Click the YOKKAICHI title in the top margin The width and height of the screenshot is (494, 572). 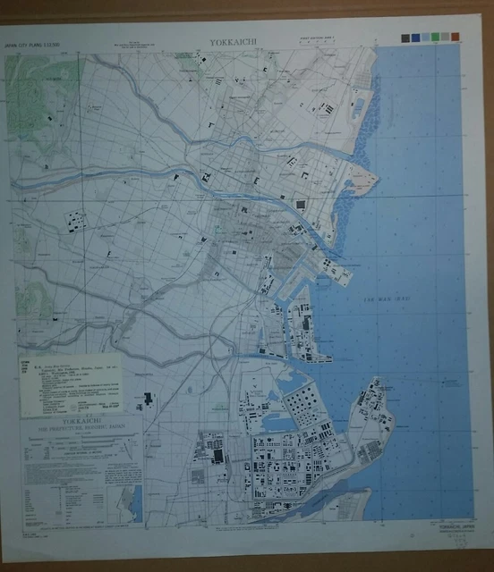point(234,41)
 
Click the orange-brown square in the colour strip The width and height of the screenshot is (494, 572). point(456,37)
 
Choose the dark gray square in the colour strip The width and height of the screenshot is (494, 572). point(407,37)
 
